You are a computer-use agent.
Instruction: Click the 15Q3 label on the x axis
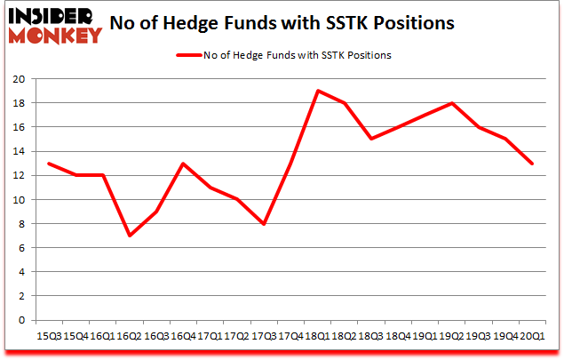(x=50, y=337)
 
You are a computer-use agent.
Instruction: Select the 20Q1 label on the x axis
(x=533, y=337)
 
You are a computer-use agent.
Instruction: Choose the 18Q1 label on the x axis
(x=318, y=337)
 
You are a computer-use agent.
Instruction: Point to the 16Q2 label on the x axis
(x=130, y=337)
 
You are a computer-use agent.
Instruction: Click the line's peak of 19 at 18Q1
(x=318, y=91)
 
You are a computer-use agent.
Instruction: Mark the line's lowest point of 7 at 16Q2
(x=130, y=236)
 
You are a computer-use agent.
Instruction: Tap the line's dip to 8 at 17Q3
(x=264, y=223)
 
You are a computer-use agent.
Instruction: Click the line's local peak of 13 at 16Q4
(x=184, y=164)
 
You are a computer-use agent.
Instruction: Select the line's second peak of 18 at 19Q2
(x=452, y=103)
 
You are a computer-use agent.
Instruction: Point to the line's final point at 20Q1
(x=533, y=164)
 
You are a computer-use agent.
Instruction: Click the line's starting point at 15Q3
(x=50, y=164)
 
